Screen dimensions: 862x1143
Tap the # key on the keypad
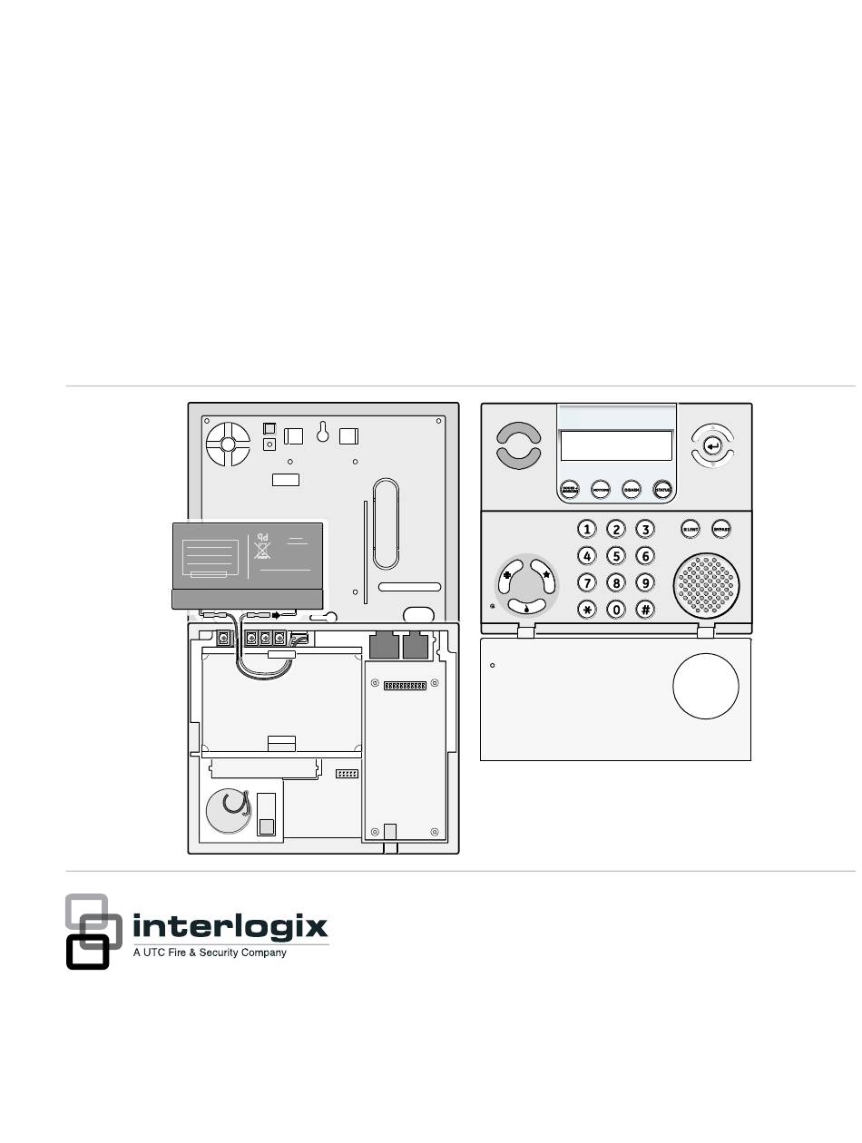point(645,609)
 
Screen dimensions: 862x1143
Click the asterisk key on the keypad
point(588,609)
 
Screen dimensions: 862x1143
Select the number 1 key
point(588,529)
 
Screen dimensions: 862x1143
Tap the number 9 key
point(645,582)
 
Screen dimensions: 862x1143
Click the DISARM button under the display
point(632,489)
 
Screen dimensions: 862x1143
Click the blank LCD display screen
point(616,445)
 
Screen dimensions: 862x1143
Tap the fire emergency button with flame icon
point(525,608)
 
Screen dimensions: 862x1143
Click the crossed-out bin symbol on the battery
point(262,549)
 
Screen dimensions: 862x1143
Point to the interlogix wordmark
point(230,928)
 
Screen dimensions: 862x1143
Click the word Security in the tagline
point(221,952)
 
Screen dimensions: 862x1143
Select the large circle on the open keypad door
point(706,685)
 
